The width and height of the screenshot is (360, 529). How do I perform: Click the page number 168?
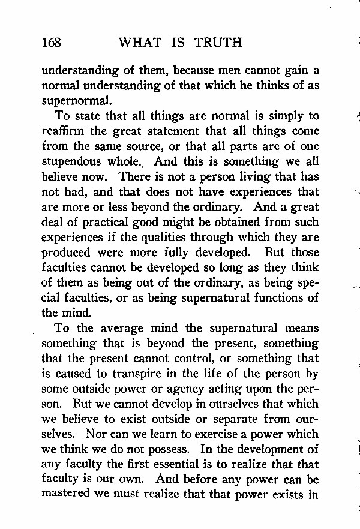pos(52,42)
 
